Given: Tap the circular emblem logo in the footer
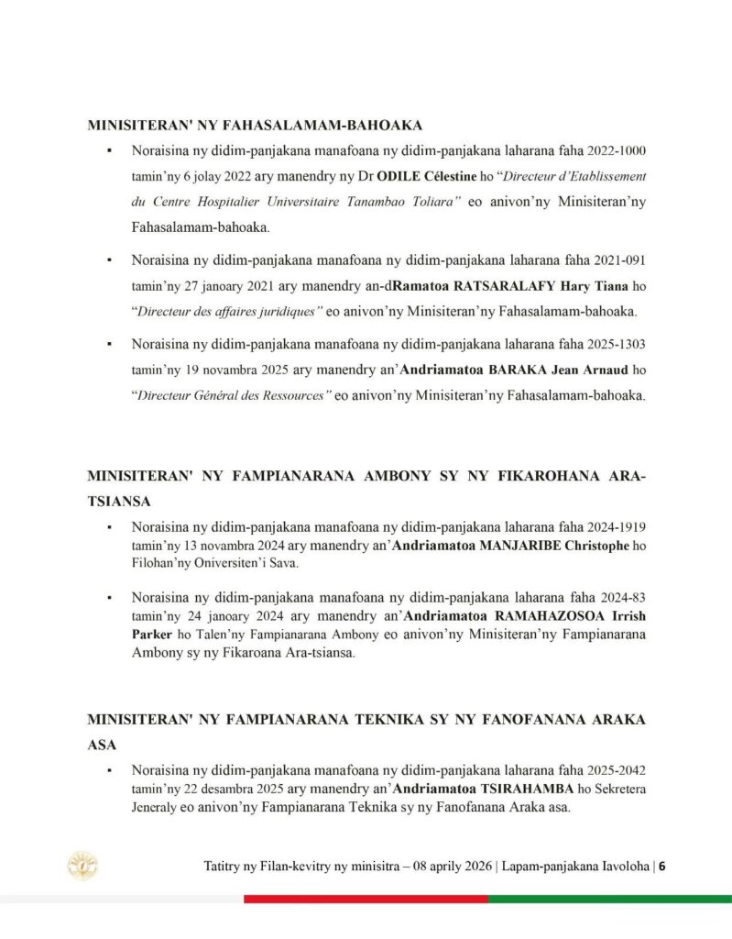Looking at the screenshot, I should click(x=83, y=866).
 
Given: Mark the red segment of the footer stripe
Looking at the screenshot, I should click(x=366, y=899).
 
